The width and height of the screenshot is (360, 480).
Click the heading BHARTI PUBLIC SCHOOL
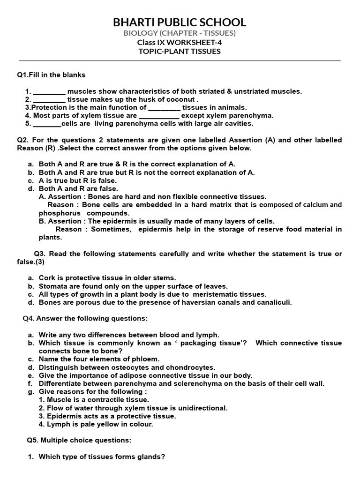tap(180, 22)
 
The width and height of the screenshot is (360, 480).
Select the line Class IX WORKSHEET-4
tap(180, 43)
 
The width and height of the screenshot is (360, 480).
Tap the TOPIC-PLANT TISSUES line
tap(180, 52)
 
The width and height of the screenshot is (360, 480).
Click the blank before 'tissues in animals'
tap(164, 107)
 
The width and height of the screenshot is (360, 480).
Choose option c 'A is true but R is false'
tap(77, 180)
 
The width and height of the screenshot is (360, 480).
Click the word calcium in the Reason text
tap(314, 205)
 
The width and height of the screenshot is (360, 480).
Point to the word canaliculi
tap(274, 302)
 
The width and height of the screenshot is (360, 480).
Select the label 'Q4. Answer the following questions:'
tap(85, 319)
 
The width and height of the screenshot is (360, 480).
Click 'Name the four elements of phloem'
tap(99, 359)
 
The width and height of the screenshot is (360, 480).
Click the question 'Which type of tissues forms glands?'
tap(101, 457)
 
